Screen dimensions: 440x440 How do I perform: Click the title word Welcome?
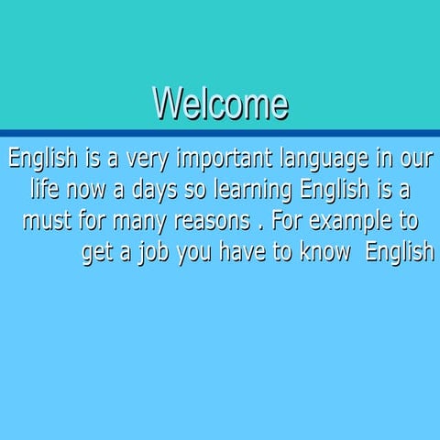point(220,104)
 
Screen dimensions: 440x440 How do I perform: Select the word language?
point(329,160)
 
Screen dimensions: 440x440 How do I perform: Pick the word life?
point(46,191)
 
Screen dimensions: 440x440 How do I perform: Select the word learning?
point(254,192)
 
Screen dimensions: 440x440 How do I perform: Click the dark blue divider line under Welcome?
point(220,133)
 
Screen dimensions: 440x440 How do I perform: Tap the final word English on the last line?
point(400,253)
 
